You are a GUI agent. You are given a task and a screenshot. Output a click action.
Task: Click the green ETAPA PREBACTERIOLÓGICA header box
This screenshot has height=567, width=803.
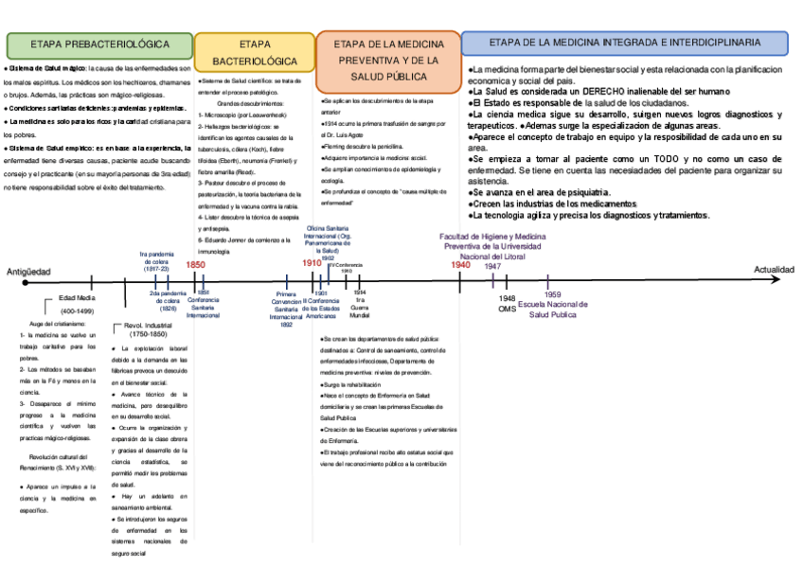pos(98,44)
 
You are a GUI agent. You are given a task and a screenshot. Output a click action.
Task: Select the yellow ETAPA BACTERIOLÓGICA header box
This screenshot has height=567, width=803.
pos(254,52)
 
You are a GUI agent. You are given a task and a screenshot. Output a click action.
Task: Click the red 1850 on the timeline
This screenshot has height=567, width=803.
pos(195,266)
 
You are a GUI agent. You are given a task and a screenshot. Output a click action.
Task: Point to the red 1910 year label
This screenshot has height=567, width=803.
pos(312,263)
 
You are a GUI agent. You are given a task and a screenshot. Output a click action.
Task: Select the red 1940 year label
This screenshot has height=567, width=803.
pos(460,266)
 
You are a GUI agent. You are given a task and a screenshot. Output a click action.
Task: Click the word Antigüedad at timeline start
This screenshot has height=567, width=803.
pos(28,271)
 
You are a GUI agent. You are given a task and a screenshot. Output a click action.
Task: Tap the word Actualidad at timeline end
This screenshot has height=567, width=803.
pos(773,271)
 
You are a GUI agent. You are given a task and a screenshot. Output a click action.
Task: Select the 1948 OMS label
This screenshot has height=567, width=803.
pos(508,303)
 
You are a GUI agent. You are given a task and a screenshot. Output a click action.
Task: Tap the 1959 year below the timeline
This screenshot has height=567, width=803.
pos(552,294)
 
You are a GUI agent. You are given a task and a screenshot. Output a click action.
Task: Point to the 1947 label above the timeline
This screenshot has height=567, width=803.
pos(492,266)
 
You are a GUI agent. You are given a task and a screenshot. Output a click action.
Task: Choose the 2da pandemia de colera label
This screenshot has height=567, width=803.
pos(168,301)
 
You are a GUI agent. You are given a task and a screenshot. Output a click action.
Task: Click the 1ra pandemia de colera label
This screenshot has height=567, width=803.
pos(158,260)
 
